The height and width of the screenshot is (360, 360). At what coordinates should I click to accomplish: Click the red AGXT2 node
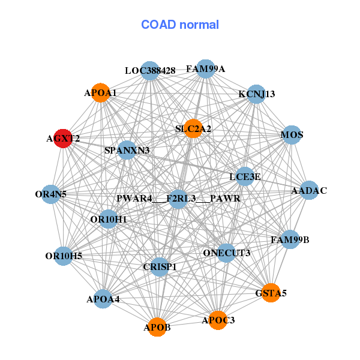pyautogui.click(x=63, y=138)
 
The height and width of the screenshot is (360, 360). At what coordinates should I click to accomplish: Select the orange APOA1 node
pyautogui.click(x=101, y=92)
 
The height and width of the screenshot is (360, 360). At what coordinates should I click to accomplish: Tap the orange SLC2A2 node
pyautogui.click(x=193, y=128)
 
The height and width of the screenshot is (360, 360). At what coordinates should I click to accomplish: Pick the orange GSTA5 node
pyautogui.click(x=271, y=293)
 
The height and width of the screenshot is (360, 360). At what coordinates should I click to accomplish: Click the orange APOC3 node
pyautogui.click(x=218, y=320)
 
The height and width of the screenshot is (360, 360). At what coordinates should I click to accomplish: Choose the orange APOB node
pyautogui.click(x=157, y=327)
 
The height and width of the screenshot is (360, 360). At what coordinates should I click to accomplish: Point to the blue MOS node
pyautogui.click(x=292, y=135)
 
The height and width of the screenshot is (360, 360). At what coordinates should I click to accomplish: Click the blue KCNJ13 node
pyautogui.click(x=256, y=94)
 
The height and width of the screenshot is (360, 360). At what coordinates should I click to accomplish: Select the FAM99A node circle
pyautogui.click(x=206, y=69)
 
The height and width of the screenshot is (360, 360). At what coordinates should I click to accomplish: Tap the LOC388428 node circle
pyautogui.click(x=150, y=71)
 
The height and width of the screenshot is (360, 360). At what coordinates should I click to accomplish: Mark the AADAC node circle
pyautogui.click(x=308, y=191)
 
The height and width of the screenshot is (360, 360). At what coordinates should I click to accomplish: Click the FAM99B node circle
pyautogui.click(x=290, y=240)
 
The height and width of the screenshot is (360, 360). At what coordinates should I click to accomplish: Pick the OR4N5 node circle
pyautogui.click(x=51, y=194)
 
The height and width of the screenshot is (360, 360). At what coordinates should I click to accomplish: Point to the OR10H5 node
pyautogui.click(x=64, y=256)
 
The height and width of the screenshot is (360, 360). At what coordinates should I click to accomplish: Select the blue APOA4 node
pyautogui.click(x=103, y=298)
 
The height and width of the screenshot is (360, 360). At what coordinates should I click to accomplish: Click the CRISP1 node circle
pyautogui.click(x=160, y=266)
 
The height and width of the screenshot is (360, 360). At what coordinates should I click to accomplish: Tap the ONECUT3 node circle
pyautogui.click(x=226, y=253)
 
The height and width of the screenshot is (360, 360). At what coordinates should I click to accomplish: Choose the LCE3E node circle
pyautogui.click(x=245, y=176)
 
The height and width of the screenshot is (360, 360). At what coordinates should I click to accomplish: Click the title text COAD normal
pyautogui.click(x=180, y=25)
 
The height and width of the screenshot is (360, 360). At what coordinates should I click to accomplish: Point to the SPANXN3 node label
pyautogui.click(x=127, y=150)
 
